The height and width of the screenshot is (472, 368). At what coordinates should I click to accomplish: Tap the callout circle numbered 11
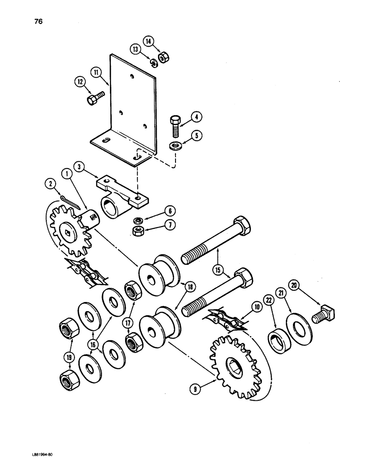pyautogui.click(x=97, y=72)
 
